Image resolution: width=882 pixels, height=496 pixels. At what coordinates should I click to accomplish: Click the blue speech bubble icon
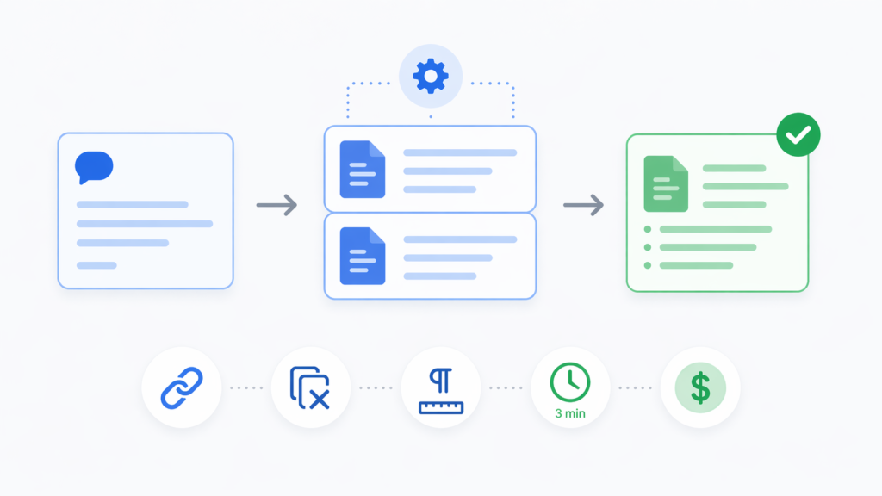[x=94, y=167]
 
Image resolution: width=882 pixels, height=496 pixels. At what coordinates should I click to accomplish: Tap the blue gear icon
[x=431, y=76]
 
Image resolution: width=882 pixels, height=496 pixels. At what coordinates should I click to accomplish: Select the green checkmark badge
[x=798, y=134]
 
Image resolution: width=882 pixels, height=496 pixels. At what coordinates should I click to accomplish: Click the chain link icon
[x=182, y=387]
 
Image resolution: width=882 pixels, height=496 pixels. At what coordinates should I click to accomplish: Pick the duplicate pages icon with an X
[x=310, y=387]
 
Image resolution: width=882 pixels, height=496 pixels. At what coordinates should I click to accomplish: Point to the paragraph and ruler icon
[x=441, y=391]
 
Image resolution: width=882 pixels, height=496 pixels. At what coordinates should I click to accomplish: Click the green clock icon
[x=570, y=382]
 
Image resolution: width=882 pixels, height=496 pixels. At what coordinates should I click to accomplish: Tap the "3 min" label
[x=570, y=413]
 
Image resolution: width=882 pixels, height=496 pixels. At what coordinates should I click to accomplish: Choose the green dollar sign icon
[x=700, y=387]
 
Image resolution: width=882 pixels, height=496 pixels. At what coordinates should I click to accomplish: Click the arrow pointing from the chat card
[x=276, y=205]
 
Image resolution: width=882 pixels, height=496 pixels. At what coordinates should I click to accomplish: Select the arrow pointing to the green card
[x=584, y=205]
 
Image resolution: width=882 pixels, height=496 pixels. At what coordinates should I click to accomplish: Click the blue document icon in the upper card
[x=363, y=170]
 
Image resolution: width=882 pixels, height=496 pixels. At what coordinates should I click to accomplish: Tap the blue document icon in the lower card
[x=363, y=256]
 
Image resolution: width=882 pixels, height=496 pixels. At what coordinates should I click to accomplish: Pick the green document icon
[x=666, y=184]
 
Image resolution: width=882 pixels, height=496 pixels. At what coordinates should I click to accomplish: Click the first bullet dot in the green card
[x=648, y=229]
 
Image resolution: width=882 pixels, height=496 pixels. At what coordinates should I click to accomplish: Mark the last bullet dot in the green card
[x=648, y=265]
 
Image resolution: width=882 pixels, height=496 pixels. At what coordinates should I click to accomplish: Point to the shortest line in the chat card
[x=96, y=265]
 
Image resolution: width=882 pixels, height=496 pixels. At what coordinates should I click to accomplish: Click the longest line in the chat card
[x=145, y=224]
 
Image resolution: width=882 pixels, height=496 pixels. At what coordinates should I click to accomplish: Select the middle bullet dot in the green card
[x=648, y=247]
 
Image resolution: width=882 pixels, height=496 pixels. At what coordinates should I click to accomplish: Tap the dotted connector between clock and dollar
[x=635, y=388]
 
